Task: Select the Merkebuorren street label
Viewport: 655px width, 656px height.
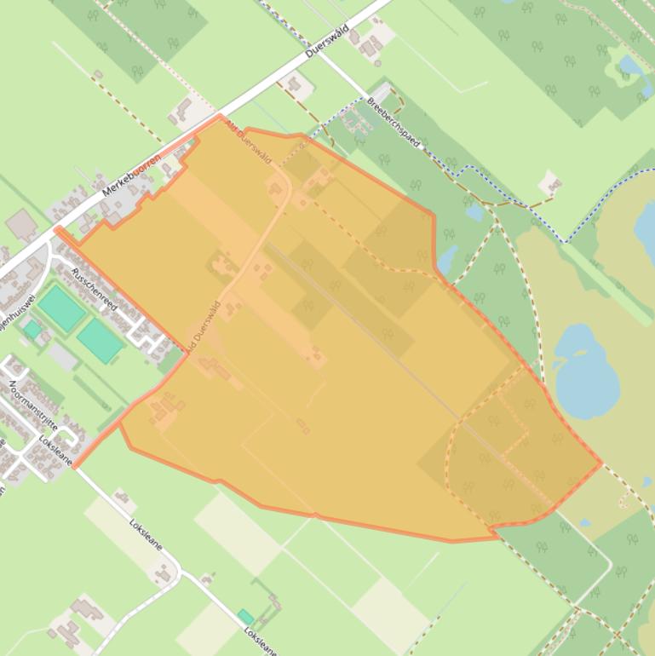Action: click(131, 176)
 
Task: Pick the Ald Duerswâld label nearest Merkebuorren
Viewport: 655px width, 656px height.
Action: click(249, 141)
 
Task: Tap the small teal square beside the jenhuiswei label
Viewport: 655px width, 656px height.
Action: click(32, 329)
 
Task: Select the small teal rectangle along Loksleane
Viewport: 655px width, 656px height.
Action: click(245, 616)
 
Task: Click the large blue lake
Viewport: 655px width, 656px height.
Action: click(587, 367)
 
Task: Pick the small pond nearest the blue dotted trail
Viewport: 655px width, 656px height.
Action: click(475, 211)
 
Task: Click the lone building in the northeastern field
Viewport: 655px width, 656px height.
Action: click(552, 184)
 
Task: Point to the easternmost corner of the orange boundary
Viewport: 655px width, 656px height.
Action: click(600, 464)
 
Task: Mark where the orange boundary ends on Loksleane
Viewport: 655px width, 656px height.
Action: click(75, 467)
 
